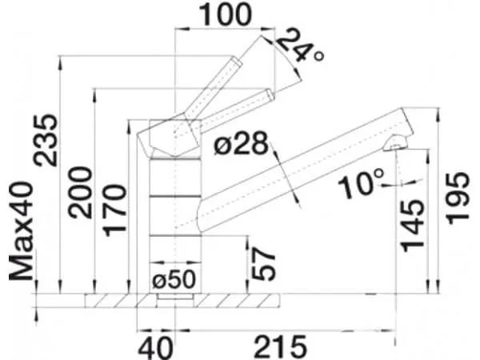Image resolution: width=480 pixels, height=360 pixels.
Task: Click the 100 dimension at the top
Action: tap(226, 14)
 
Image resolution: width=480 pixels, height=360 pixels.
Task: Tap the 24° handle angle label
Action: tap(300, 46)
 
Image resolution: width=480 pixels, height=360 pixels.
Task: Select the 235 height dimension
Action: tap(46, 140)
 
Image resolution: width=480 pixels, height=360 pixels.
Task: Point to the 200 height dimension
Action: tap(80, 193)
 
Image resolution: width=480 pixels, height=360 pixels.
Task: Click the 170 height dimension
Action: tap(114, 210)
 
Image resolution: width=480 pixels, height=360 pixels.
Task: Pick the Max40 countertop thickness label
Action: tap(21, 231)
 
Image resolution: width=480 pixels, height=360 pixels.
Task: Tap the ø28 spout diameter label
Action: tap(241, 143)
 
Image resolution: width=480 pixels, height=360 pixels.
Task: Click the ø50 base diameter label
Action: tap(174, 279)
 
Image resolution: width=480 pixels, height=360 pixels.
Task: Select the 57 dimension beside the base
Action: tap(263, 263)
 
